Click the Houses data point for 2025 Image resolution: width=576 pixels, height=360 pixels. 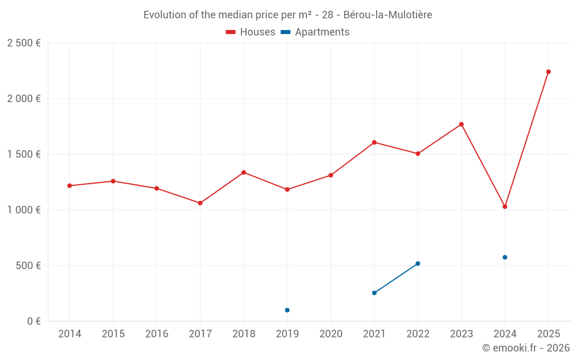pyautogui.click(x=548, y=71)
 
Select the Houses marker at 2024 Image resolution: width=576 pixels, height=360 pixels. pyautogui.click(x=505, y=206)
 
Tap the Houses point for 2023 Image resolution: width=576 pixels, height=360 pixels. pyautogui.click(x=461, y=124)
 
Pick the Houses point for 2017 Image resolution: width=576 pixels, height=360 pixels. pyautogui.click(x=200, y=203)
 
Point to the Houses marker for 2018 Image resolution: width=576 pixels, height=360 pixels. pyautogui.click(x=244, y=172)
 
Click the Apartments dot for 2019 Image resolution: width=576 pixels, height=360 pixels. pyautogui.click(x=287, y=310)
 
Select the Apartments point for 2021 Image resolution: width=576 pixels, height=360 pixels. pyautogui.click(x=374, y=293)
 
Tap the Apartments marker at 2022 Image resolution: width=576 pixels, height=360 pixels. pyautogui.click(x=418, y=263)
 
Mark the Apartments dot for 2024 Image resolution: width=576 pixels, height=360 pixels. pyautogui.click(x=505, y=257)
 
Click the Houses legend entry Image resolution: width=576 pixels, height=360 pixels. pyautogui.click(x=251, y=32)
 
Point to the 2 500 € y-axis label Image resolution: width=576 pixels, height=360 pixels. pyautogui.click(x=24, y=43)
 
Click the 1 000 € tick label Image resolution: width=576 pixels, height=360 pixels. pyautogui.click(x=24, y=210)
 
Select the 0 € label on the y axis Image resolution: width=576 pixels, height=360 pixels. pyautogui.click(x=32, y=321)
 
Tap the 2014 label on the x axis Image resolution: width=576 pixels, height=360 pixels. pyautogui.click(x=70, y=334)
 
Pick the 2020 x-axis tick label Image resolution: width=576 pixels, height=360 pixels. pyautogui.click(x=331, y=334)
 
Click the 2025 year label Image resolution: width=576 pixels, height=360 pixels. pyautogui.click(x=548, y=334)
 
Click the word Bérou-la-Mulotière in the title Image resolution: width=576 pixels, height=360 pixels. pyautogui.click(x=387, y=15)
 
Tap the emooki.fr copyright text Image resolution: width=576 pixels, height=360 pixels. pyautogui.click(x=526, y=348)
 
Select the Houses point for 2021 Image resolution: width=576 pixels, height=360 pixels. pyautogui.click(x=374, y=142)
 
